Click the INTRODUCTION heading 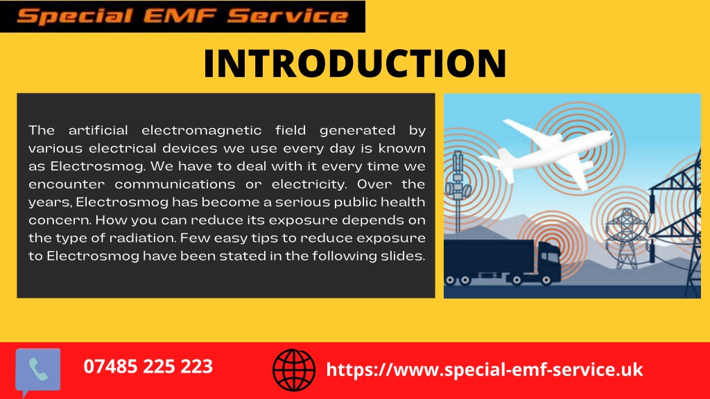tap(354, 63)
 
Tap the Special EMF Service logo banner tap(182, 16)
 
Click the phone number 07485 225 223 tap(148, 366)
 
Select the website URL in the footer tap(484, 369)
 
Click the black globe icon tap(294, 370)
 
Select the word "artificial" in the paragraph tap(98, 130)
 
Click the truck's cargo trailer tap(490, 260)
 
